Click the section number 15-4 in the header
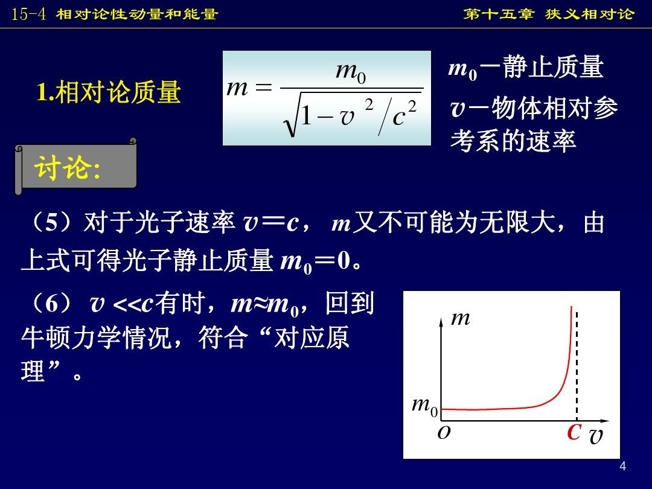point(28,14)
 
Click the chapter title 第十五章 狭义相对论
point(549,14)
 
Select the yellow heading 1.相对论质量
point(109,92)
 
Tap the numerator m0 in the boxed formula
point(351,72)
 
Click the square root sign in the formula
point(291,114)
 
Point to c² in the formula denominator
point(404,112)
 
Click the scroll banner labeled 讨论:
point(75,167)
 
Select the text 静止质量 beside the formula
point(554,67)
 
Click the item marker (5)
point(51,222)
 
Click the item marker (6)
point(51,303)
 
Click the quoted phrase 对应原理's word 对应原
point(312,337)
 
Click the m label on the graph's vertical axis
point(461,319)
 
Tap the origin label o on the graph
point(444,432)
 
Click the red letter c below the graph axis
point(574,431)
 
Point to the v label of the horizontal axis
point(596,436)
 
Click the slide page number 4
point(622,466)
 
